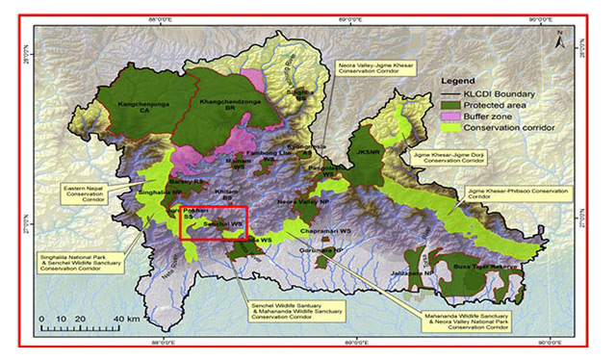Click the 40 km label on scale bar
[126, 318]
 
